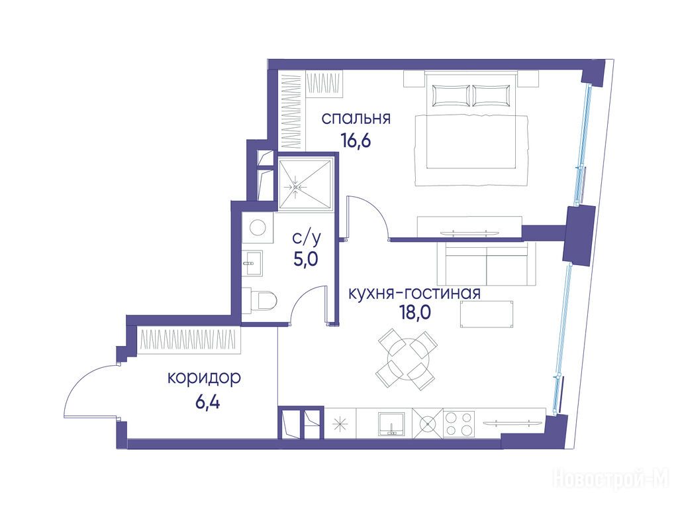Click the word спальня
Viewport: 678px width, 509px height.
[x=356, y=119]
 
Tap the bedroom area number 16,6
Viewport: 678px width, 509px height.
[x=356, y=141]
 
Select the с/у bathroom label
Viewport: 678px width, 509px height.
[x=307, y=238]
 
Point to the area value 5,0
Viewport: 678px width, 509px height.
[x=306, y=259]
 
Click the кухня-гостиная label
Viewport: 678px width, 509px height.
[x=414, y=293]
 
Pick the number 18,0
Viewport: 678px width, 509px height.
[x=415, y=312]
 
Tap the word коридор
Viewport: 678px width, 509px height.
[x=204, y=378]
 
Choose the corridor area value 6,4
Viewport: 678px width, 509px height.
[x=207, y=402]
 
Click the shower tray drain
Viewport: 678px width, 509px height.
[x=296, y=186]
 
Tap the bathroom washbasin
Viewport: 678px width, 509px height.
[x=252, y=262]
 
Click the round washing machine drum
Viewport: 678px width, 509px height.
[x=258, y=227]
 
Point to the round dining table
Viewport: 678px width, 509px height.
[x=406, y=359]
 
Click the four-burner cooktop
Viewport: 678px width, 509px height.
[x=459, y=424]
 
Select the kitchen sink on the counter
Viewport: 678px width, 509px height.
[x=391, y=424]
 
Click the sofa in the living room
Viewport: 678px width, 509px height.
[x=487, y=264]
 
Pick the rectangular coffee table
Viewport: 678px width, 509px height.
[x=487, y=314]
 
